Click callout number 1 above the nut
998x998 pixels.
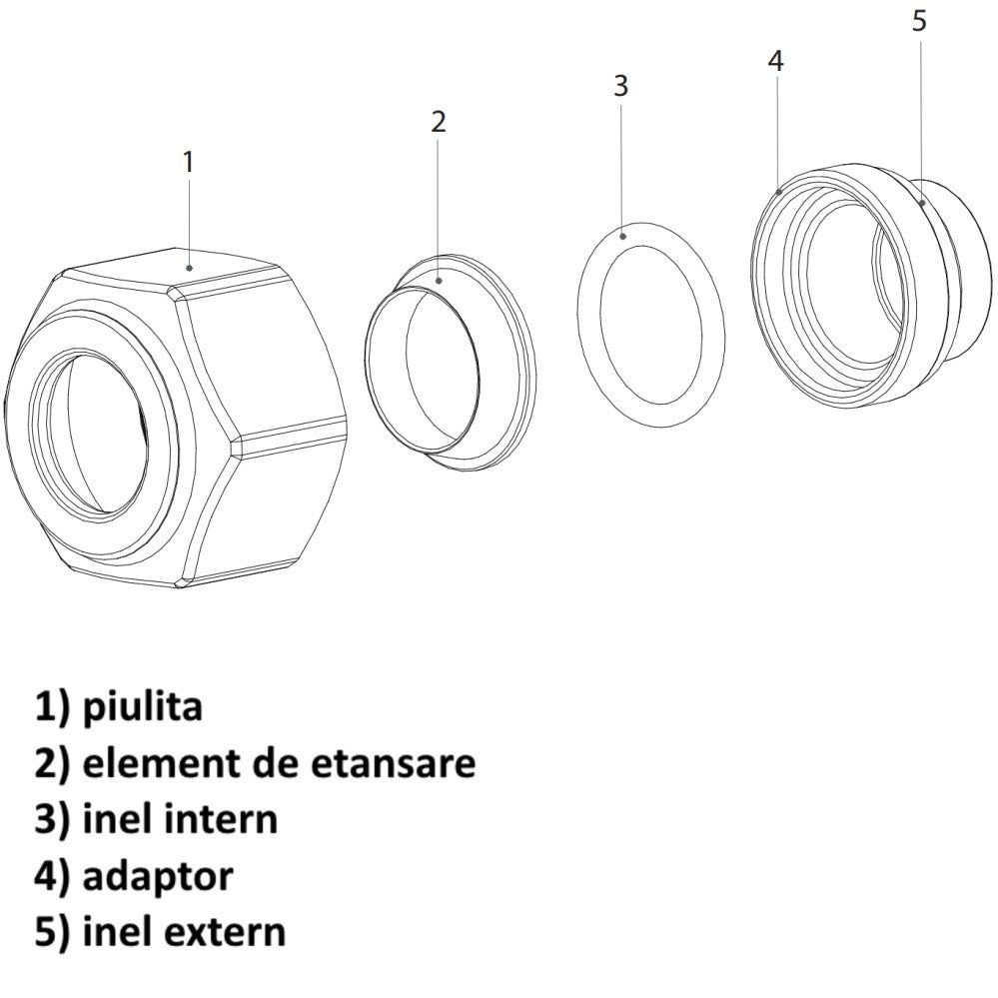[x=188, y=162]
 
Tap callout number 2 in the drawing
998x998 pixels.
[x=439, y=122]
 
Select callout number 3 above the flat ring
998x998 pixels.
[x=620, y=85]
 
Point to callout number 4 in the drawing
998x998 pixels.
[x=775, y=61]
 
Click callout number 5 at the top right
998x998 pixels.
[x=919, y=21]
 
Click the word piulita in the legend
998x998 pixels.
[x=143, y=707]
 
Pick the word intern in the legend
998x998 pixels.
[x=220, y=819]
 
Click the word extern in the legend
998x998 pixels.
[x=224, y=932]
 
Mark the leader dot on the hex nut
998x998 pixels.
[x=189, y=268]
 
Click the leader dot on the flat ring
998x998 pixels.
[x=623, y=236]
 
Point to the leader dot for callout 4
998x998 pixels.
[x=779, y=191]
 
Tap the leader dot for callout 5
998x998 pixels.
[x=921, y=203]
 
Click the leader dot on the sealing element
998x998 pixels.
[x=439, y=280]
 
